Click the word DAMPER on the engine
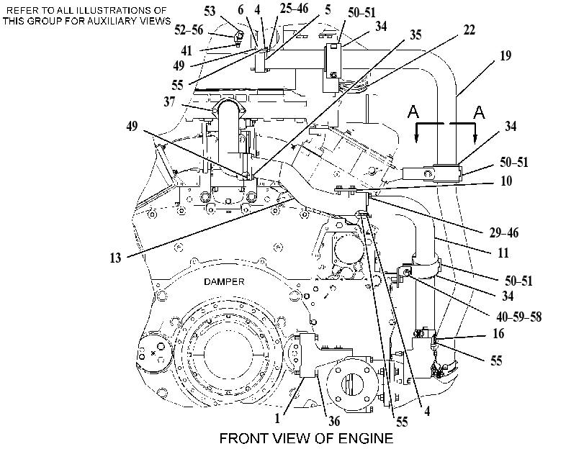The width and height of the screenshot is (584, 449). pyautogui.click(x=224, y=282)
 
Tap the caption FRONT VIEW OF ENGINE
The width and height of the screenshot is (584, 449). pyautogui.click(x=306, y=438)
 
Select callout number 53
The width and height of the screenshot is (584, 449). pyautogui.click(x=210, y=11)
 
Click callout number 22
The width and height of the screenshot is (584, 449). pyautogui.click(x=469, y=30)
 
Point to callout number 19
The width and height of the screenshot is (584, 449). pyautogui.click(x=506, y=55)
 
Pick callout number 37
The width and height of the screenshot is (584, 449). pyautogui.click(x=169, y=101)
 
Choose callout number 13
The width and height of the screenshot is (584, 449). pyautogui.click(x=115, y=258)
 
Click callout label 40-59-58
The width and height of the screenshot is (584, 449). pyautogui.click(x=518, y=317)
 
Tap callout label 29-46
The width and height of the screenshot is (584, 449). pyautogui.click(x=504, y=232)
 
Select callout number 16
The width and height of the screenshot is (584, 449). pyautogui.click(x=498, y=334)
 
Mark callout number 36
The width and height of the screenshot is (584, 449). pyautogui.click(x=334, y=421)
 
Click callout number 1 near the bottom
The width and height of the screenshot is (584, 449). pyautogui.click(x=277, y=419)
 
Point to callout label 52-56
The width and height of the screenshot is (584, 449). pyautogui.click(x=189, y=30)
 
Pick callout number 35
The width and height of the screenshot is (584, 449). pyautogui.click(x=415, y=35)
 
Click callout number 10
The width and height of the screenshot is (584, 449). pyautogui.click(x=506, y=181)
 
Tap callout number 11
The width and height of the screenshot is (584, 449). pyautogui.click(x=503, y=253)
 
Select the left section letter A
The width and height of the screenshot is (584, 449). pyautogui.click(x=413, y=112)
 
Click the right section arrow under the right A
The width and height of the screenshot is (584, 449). pyautogui.click(x=475, y=133)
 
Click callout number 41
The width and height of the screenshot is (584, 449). pyautogui.click(x=187, y=50)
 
